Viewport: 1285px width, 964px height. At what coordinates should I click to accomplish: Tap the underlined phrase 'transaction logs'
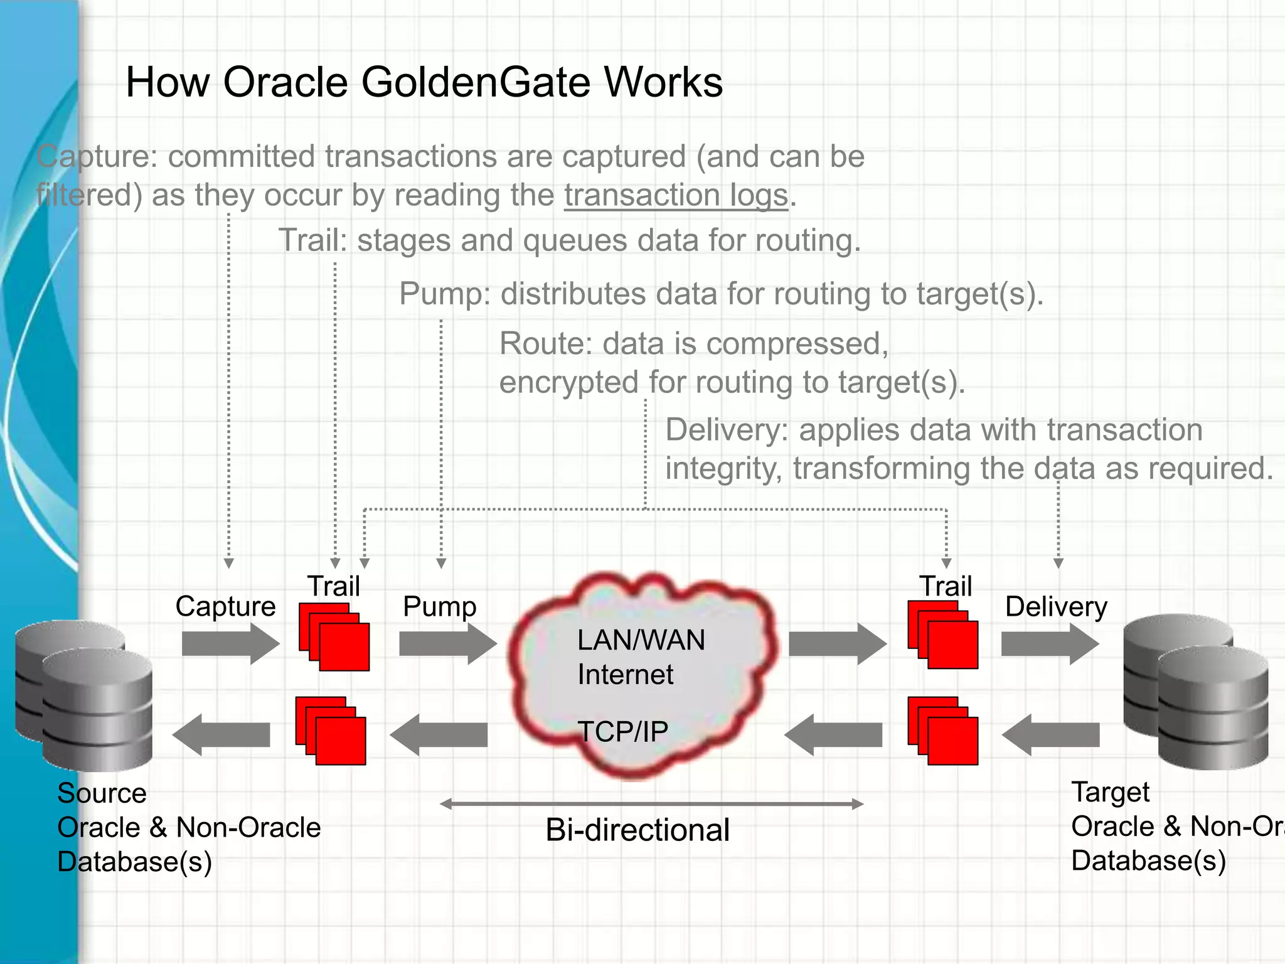[676, 195]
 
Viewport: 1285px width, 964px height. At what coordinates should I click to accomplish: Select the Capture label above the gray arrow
[225, 606]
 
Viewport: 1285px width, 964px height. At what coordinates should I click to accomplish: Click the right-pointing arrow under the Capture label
[230, 644]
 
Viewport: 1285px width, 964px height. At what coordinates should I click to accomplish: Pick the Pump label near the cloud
[439, 606]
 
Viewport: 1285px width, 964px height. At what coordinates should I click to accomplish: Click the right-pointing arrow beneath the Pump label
[447, 644]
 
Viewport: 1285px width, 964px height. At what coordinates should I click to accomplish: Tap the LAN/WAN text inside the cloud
[641, 640]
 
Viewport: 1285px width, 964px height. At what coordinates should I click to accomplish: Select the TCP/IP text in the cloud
[622, 732]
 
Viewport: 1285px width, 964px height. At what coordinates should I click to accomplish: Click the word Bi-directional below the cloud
[637, 830]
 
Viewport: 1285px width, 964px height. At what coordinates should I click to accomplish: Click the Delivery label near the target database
[1056, 606]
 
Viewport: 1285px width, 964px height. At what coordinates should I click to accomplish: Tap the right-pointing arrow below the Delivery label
[1050, 644]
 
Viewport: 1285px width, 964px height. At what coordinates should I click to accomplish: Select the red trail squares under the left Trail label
[334, 638]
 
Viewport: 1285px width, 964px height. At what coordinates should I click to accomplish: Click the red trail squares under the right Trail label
[943, 635]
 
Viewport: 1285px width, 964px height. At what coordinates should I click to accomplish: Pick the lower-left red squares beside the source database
[331, 731]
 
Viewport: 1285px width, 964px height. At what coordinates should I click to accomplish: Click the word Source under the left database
[102, 793]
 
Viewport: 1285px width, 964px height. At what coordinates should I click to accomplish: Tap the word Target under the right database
[1110, 792]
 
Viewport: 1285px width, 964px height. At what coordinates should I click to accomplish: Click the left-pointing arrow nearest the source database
[221, 735]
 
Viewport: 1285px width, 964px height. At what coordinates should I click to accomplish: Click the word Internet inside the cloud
[625, 675]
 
